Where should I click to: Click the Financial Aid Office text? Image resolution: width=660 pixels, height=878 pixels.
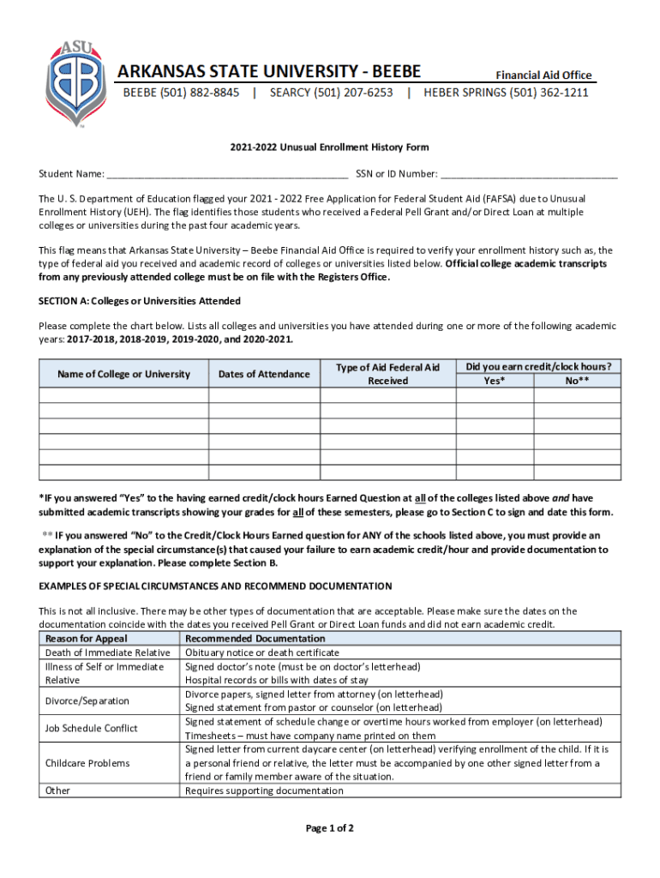click(544, 75)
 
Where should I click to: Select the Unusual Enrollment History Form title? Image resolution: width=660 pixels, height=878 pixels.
click(329, 147)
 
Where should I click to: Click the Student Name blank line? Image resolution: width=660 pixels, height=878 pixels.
click(227, 175)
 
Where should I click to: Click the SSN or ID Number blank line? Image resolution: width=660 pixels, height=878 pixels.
click(528, 175)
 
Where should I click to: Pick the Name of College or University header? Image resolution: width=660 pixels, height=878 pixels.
click(123, 374)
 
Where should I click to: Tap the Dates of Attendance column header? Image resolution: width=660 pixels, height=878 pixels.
click(264, 374)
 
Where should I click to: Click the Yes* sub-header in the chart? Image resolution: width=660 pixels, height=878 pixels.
click(495, 381)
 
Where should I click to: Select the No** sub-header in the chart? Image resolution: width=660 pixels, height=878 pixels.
click(577, 381)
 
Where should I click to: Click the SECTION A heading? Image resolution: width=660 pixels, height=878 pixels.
click(140, 301)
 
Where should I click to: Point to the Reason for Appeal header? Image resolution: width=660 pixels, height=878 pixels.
click(87, 639)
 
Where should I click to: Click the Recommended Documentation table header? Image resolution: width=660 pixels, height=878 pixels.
click(255, 639)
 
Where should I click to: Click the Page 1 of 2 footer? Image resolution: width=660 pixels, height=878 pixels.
click(329, 828)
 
